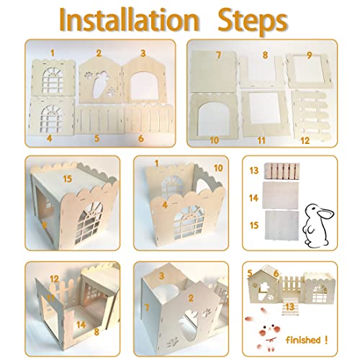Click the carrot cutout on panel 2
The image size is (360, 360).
[x=102, y=81]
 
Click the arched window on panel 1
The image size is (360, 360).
[x=53, y=79]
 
